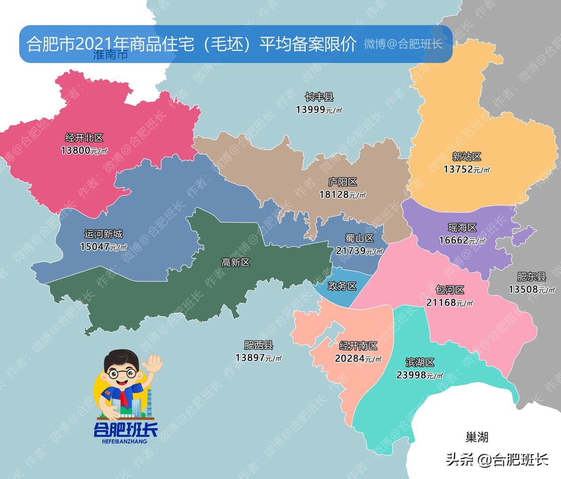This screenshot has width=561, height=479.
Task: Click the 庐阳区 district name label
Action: pyautogui.click(x=343, y=182)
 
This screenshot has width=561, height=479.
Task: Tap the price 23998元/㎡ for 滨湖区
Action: pyautogui.click(x=419, y=375)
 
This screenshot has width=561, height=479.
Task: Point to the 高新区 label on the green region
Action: pyautogui.click(x=236, y=263)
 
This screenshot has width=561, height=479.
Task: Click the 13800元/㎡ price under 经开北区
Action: pyautogui.click(x=84, y=150)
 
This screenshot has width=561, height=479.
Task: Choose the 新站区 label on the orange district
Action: pyautogui.click(x=467, y=157)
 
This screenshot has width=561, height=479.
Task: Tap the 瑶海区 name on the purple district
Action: pyautogui.click(x=462, y=228)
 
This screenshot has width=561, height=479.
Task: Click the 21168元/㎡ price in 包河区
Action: pyautogui.click(x=449, y=302)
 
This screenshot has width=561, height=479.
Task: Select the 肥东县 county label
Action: pyautogui.click(x=532, y=277)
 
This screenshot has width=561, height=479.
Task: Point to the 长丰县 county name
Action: pyautogui.click(x=319, y=97)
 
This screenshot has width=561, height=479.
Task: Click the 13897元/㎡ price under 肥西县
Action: pyautogui.click(x=258, y=357)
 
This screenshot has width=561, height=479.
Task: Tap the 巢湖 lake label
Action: pyautogui.click(x=477, y=437)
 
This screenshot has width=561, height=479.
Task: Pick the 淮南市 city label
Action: pyautogui.click(x=110, y=55)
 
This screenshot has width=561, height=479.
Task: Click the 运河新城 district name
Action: pyautogui.click(x=103, y=234)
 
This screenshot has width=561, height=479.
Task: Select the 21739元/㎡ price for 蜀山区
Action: pyautogui.click(x=359, y=251)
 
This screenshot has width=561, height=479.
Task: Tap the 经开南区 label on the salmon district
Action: pyautogui.click(x=358, y=346)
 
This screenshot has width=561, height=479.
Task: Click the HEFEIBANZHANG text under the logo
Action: pyautogui.click(x=124, y=441)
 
